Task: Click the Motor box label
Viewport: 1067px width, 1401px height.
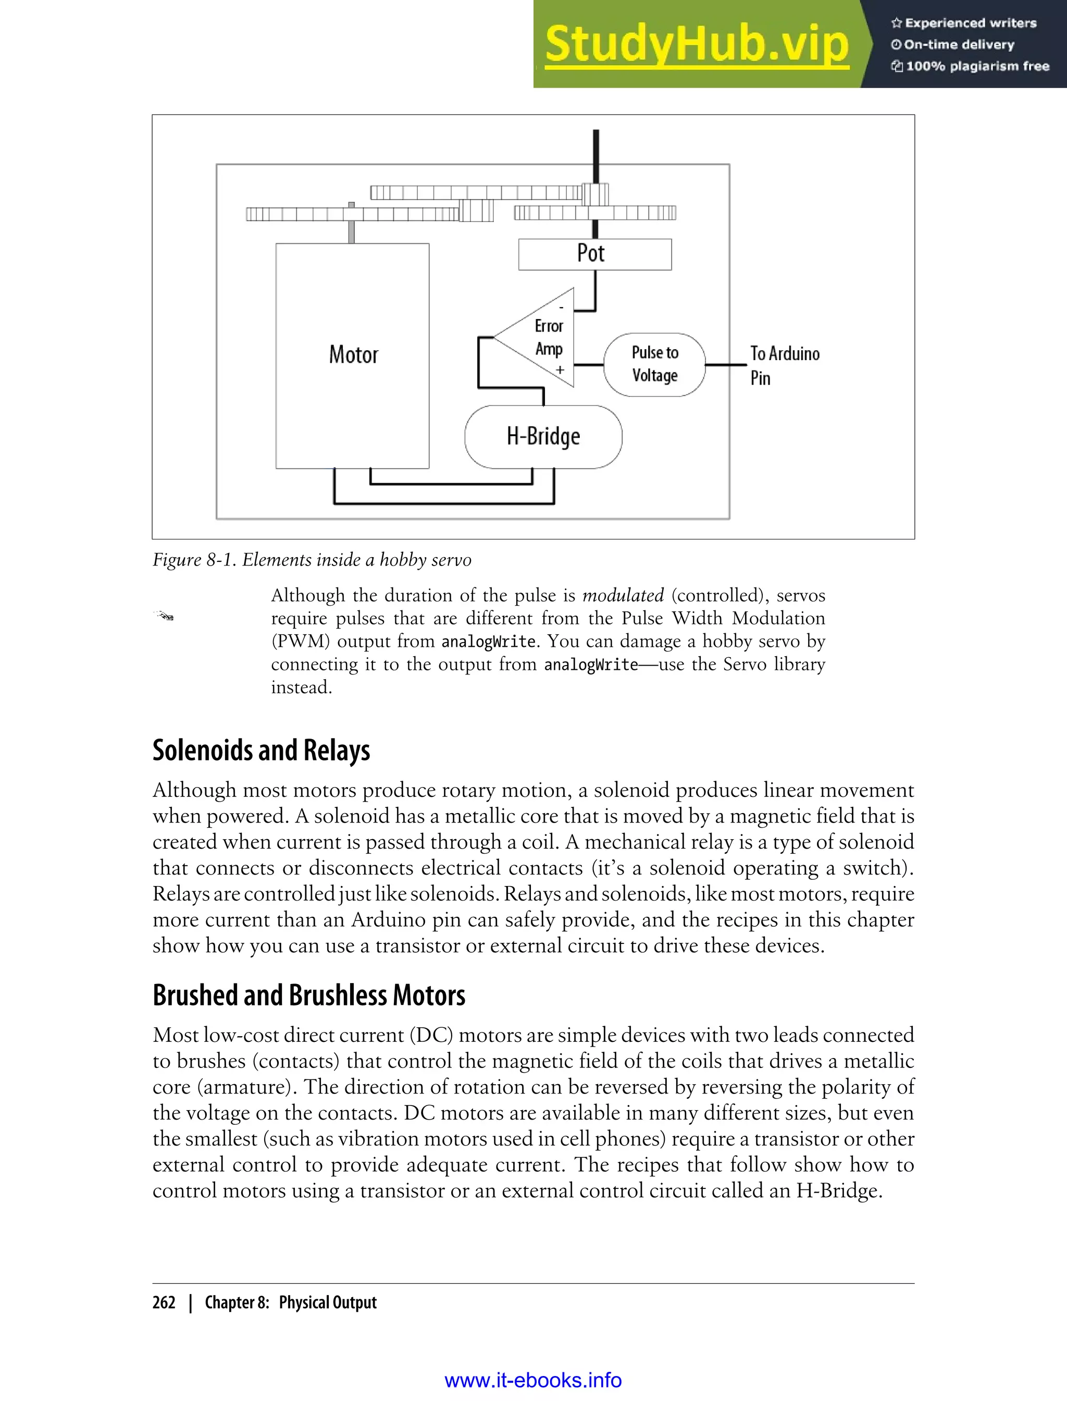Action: (353, 354)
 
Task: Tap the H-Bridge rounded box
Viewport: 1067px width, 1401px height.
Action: (543, 436)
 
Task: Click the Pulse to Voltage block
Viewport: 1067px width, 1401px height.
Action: (654, 364)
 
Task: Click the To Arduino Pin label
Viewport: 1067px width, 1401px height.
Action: (785, 365)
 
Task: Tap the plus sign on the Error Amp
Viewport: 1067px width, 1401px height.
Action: (560, 370)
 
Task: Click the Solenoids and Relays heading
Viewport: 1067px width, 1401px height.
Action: (261, 751)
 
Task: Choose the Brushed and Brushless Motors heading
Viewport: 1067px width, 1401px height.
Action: (308, 995)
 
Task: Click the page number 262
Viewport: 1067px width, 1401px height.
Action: (164, 1302)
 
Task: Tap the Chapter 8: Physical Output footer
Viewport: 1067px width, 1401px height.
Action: (290, 1302)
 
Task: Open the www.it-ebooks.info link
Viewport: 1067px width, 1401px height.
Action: (533, 1380)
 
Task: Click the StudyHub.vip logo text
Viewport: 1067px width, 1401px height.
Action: (696, 44)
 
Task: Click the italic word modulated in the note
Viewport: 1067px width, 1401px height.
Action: (623, 595)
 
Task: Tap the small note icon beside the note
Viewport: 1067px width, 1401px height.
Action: (165, 615)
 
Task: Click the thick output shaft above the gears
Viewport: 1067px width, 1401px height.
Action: (595, 156)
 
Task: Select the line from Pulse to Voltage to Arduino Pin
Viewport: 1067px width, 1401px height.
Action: (726, 365)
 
